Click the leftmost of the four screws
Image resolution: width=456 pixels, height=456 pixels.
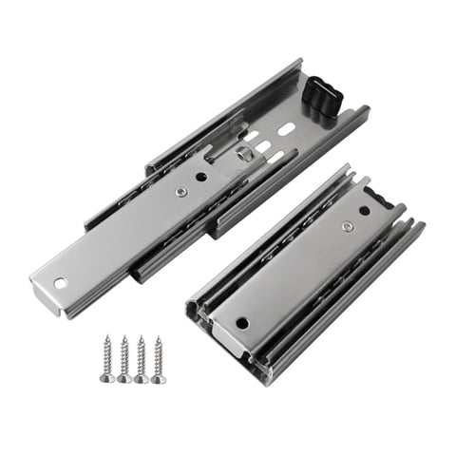107,358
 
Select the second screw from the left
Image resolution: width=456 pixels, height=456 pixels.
123,359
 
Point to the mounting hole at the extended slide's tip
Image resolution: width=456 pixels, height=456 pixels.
60,282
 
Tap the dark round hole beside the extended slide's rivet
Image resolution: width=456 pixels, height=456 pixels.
201,177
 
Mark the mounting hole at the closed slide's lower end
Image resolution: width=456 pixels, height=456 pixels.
242,322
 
